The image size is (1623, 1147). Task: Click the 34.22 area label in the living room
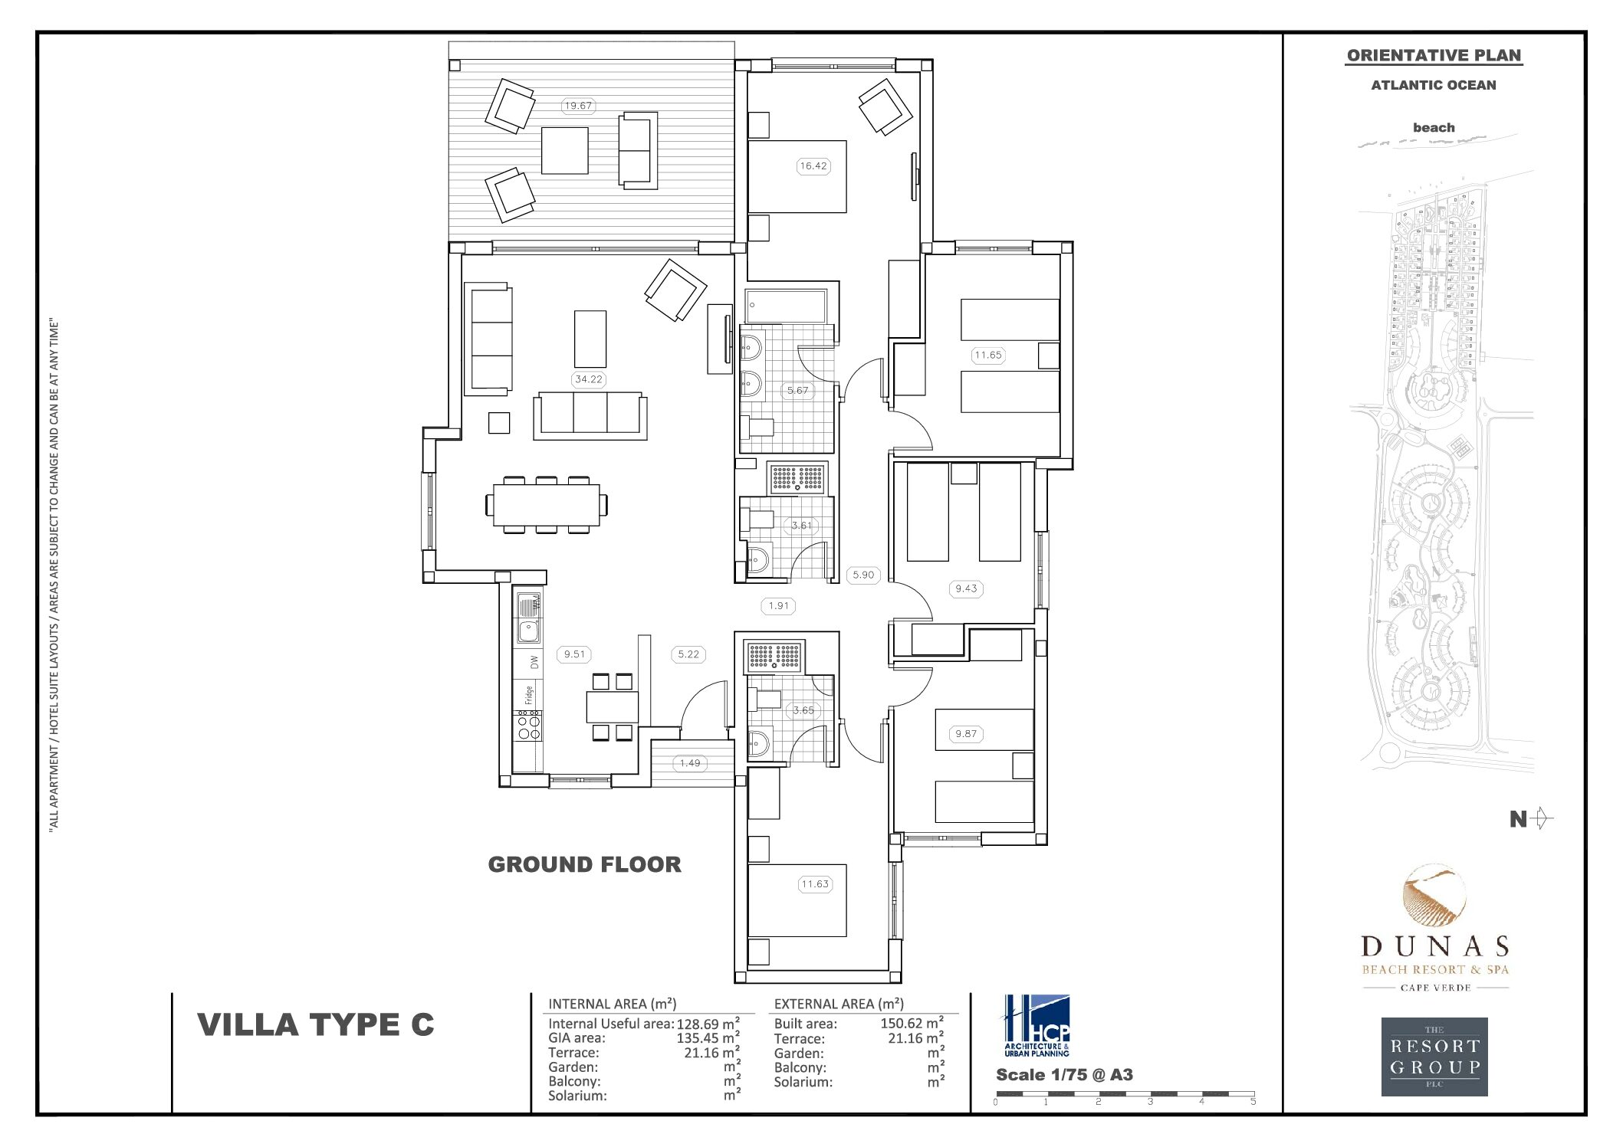(x=588, y=379)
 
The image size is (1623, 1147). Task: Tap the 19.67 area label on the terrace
(x=577, y=106)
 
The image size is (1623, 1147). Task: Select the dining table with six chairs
(x=546, y=505)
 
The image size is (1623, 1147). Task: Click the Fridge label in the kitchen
(x=529, y=694)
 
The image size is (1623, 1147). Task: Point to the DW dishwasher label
(x=534, y=661)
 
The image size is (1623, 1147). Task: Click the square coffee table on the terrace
(x=565, y=151)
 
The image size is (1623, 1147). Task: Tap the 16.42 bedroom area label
(x=813, y=165)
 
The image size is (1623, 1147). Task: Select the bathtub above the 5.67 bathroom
(x=786, y=306)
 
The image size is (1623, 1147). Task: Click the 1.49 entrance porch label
(x=689, y=763)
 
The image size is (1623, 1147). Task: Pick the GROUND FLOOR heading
(x=584, y=864)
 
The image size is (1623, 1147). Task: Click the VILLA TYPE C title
(x=316, y=1024)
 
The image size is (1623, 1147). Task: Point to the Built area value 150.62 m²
(x=912, y=1023)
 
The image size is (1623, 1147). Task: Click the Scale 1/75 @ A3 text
(x=1063, y=1074)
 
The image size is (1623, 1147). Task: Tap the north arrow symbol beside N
(x=1543, y=819)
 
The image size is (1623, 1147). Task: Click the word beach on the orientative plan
(x=1433, y=128)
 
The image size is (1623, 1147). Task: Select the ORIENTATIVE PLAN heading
(x=1433, y=55)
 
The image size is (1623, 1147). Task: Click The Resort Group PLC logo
(x=1434, y=1057)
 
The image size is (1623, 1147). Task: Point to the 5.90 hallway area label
(x=863, y=575)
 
